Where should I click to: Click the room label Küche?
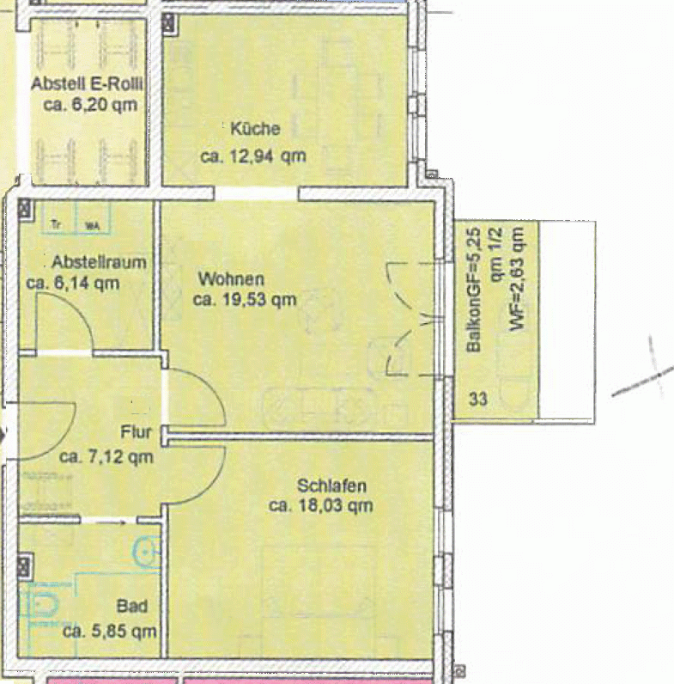point(255,130)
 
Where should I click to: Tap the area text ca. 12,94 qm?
point(253,156)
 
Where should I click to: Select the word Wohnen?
point(231,279)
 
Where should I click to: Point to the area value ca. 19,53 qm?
point(245,300)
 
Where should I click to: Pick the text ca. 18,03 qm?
point(321,506)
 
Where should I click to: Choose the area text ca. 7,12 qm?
point(106,457)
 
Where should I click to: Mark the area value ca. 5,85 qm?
point(109,630)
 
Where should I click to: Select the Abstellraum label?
point(98,262)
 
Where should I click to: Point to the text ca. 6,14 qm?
point(73,282)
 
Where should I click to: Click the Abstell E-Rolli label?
point(87,85)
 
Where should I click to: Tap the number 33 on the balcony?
point(477,399)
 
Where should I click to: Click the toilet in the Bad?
point(40,602)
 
